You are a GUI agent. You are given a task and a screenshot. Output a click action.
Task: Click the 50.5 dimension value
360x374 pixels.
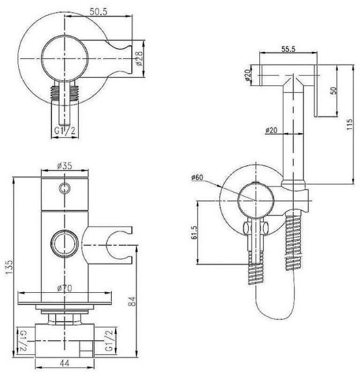[x=98, y=11]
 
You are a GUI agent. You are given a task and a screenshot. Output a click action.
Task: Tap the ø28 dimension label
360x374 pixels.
[x=139, y=59]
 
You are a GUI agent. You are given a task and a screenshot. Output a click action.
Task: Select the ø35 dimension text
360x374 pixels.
[x=64, y=166]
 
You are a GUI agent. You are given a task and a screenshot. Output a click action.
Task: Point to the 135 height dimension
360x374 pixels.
[x=9, y=267]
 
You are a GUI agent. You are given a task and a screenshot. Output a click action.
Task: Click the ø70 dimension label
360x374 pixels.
[x=65, y=289]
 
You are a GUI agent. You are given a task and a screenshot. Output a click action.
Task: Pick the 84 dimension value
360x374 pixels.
[x=132, y=301]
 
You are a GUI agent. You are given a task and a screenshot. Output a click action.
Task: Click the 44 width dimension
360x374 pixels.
[x=64, y=363]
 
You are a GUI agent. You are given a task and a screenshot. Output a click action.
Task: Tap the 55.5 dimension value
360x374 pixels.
[x=288, y=49]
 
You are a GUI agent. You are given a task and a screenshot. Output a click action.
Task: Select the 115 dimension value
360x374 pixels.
[x=349, y=124]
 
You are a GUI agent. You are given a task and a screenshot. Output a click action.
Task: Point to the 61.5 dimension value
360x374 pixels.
[x=194, y=233]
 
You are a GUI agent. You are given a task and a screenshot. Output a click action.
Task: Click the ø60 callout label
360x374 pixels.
[x=197, y=177]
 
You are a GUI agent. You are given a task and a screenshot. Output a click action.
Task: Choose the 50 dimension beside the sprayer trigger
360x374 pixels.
[x=334, y=90]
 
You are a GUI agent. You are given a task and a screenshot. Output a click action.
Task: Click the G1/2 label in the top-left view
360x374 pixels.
[x=65, y=131]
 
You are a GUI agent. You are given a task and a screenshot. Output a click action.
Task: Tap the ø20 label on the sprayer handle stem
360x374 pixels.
[x=271, y=130]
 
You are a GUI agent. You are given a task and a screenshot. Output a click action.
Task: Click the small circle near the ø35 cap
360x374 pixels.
[x=65, y=189]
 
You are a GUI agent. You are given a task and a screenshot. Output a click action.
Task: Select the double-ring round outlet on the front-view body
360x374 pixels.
[x=64, y=243]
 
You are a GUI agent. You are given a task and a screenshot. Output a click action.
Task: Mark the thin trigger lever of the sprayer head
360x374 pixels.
[x=316, y=91]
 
